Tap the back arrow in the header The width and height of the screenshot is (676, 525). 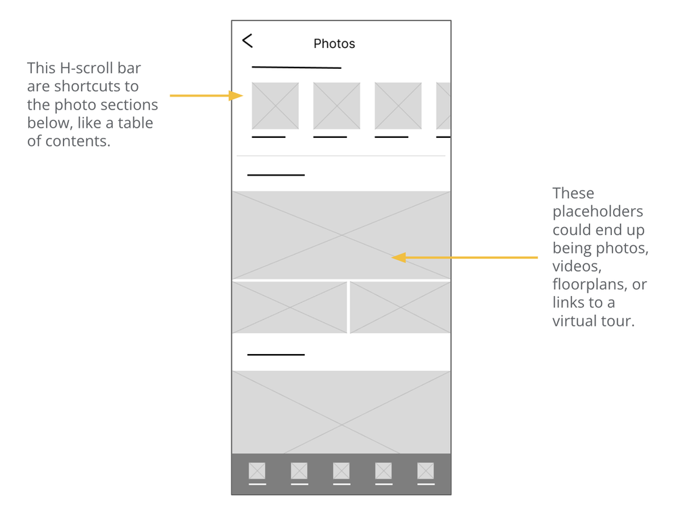pos(247,41)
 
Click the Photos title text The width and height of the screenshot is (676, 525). pos(334,44)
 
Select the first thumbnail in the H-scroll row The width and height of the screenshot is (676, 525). pos(275,106)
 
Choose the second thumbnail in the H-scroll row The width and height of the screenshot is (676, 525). pos(337,106)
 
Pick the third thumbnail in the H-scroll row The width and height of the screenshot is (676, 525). pos(398,106)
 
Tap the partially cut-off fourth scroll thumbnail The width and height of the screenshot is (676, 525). pos(443,106)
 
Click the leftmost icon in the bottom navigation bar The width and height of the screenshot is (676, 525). pos(257,470)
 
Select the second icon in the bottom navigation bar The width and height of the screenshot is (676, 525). pos(299,470)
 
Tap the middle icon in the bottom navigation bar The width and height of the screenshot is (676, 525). pos(341,470)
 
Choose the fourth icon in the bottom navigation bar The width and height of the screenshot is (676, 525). pos(383,470)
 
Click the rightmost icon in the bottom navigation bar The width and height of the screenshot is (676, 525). pos(425,470)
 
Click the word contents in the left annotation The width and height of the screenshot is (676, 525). pos(76,141)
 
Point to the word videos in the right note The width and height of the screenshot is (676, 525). pos(577,266)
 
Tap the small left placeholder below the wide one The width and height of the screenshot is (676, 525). pos(289,307)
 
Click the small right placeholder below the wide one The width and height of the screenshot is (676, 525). pos(400,307)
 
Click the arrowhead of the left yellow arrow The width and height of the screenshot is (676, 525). pos(237,96)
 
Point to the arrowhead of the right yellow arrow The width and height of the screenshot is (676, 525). pos(397,257)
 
